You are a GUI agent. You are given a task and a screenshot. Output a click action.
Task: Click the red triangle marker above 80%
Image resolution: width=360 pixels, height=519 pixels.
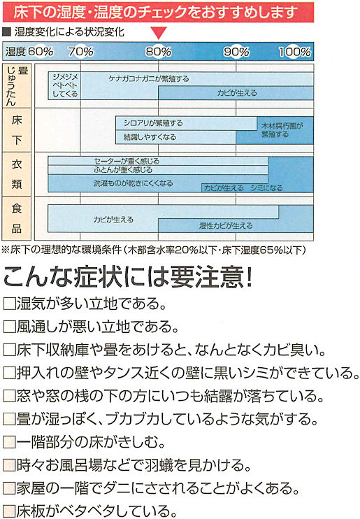[x=159, y=33]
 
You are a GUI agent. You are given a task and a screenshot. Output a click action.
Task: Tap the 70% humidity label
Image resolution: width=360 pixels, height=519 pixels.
[x=80, y=52]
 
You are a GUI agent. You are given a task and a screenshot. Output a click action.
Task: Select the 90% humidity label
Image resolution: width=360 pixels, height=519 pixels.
[x=236, y=52]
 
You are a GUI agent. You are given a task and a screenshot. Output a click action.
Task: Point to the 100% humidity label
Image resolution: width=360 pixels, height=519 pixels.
[x=295, y=52]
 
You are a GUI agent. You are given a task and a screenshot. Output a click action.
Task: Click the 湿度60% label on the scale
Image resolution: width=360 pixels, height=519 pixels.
[x=29, y=52]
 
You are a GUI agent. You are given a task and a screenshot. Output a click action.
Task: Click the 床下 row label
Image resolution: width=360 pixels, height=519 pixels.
[x=17, y=130]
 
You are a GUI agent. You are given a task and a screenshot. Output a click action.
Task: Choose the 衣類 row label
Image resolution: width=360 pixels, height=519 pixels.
[x=17, y=174]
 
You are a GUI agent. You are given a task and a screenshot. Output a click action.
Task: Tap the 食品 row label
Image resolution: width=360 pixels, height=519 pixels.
[x=17, y=218]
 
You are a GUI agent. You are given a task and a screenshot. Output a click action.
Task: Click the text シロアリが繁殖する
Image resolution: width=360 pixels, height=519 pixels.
[x=153, y=123]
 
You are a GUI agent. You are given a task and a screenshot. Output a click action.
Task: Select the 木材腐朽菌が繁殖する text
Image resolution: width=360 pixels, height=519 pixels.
[x=282, y=130]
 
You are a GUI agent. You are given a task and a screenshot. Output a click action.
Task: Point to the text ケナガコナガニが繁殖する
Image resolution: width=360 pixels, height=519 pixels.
[x=149, y=79]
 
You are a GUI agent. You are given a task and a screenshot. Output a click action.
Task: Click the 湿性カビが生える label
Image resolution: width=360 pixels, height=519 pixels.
[x=226, y=226]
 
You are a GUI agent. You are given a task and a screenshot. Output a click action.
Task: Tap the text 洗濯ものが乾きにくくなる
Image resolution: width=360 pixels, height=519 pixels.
[x=133, y=183]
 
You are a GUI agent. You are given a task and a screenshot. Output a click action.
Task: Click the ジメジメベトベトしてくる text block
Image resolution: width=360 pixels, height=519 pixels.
[x=65, y=85]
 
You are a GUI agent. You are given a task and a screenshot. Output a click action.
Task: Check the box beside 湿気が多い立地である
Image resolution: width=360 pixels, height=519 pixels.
[x=9, y=304]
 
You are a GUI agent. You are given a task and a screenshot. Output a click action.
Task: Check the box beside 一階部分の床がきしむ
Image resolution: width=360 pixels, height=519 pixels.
[x=9, y=442]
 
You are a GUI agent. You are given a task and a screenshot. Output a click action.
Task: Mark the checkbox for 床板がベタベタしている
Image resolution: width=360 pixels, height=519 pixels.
[x=9, y=511]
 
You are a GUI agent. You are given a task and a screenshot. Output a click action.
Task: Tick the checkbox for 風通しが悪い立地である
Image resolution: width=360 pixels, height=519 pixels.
[x=9, y=327]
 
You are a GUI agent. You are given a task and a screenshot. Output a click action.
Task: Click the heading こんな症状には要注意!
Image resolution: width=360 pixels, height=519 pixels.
[x=128, y=276]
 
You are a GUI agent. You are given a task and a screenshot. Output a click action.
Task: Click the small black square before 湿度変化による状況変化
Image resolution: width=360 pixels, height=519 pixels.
[x=6, y=32]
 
